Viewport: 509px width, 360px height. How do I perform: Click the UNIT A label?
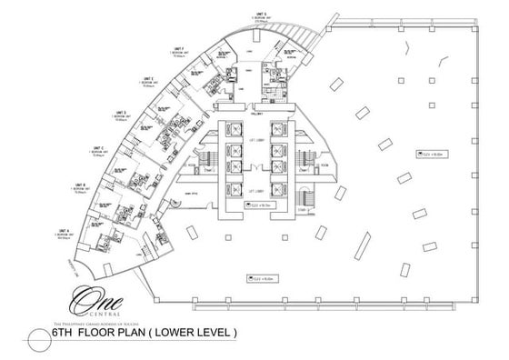click(x=65, y=230)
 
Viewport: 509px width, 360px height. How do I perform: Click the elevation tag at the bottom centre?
click(x=261, y=276)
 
